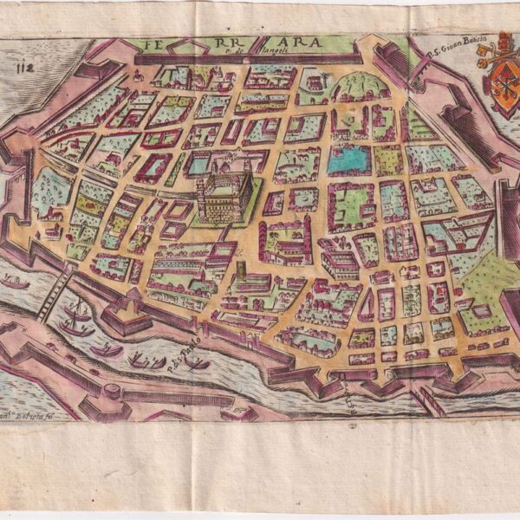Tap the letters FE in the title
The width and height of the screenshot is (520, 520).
(159, 42)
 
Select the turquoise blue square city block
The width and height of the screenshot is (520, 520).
(349, 159)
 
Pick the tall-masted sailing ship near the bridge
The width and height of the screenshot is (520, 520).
(76, 319)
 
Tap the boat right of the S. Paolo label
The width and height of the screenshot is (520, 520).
(200, 363)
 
